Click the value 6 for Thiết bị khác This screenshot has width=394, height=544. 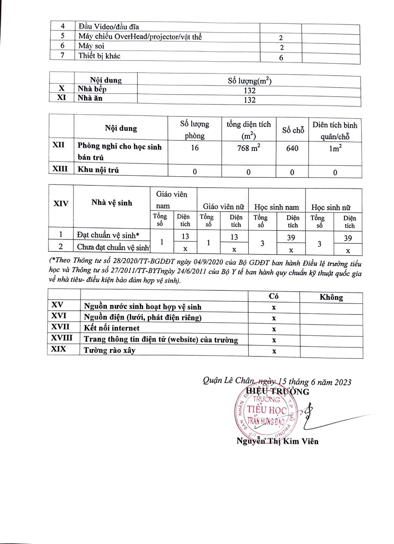coord(281,58)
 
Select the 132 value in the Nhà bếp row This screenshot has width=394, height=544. coord(249,90)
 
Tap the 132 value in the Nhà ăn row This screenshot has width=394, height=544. coord(249,100)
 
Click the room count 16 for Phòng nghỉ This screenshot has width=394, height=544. coord(195,148)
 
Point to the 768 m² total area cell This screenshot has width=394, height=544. coord(248,148)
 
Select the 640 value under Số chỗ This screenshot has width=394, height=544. coord(293,149)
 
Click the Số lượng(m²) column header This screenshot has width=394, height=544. coord(249,80)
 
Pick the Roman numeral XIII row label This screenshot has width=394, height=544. coord(60,169)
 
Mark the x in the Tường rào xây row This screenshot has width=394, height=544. coord(274,351)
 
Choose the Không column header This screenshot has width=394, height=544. coord(331,297)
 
